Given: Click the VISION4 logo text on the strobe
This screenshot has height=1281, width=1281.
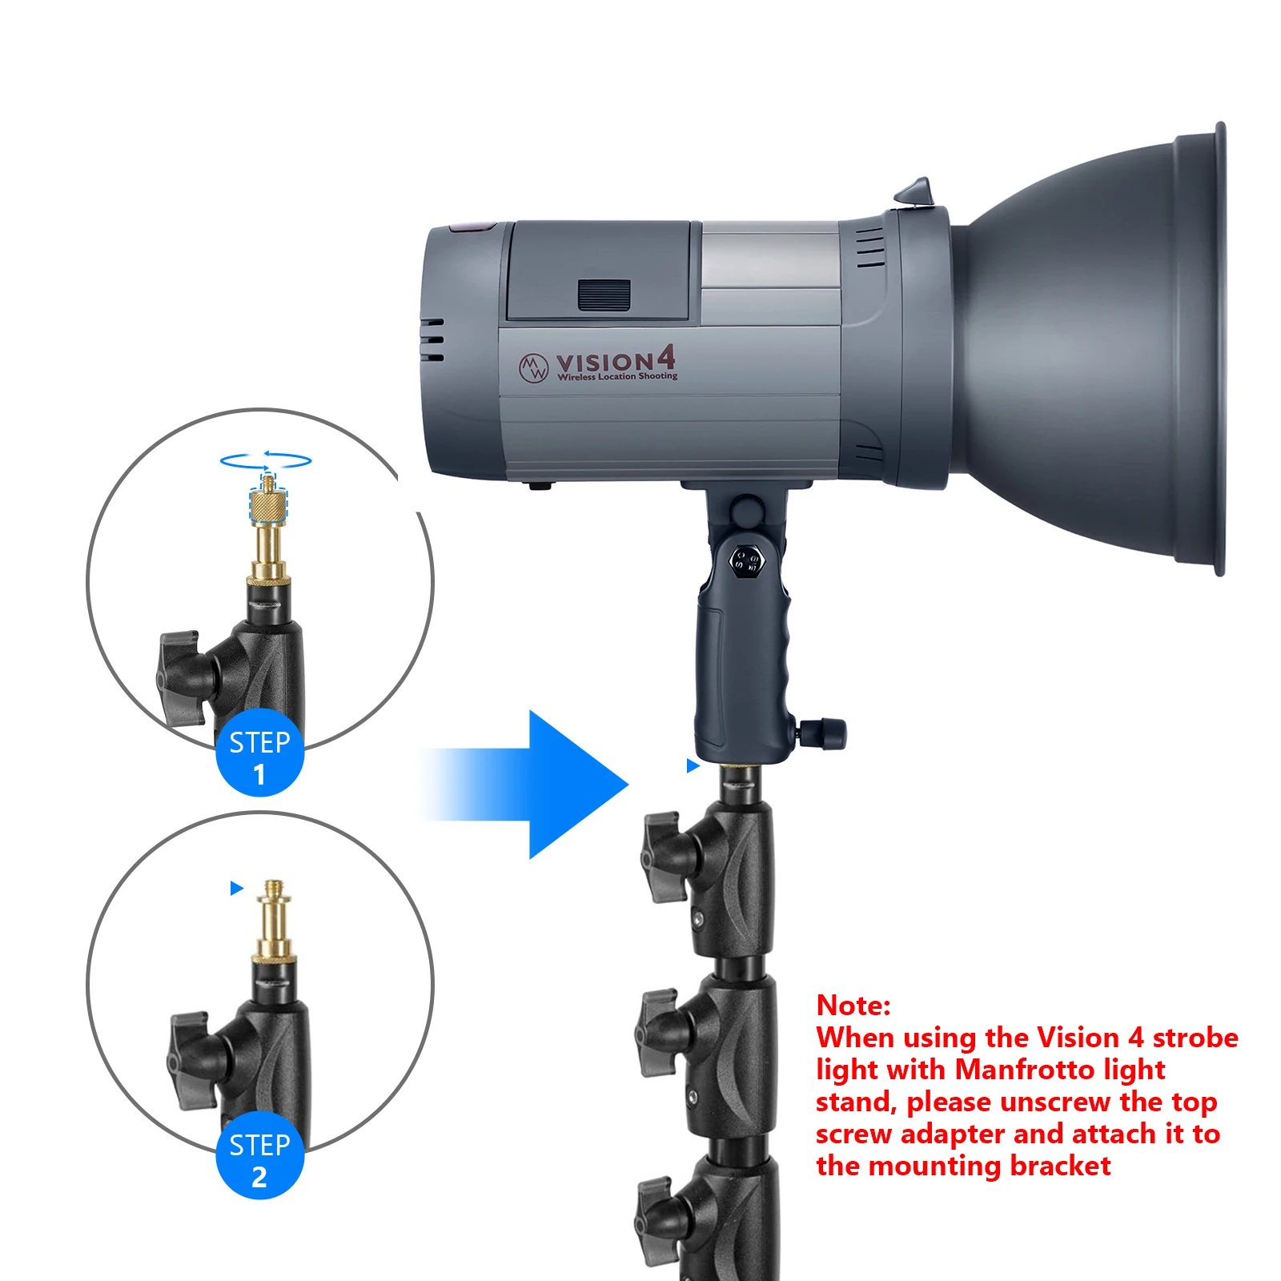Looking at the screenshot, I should coord(615,362).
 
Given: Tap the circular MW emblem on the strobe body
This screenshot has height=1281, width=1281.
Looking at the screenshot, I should coord(533,368).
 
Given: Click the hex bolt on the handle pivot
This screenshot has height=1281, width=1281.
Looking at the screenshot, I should coord(748,560).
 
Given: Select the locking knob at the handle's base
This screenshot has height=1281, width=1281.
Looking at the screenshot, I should coord(825,733).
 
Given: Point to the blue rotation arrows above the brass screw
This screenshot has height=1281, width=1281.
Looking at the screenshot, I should coord(266,460).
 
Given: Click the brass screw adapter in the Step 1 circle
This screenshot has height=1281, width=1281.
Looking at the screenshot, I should coord(268,528).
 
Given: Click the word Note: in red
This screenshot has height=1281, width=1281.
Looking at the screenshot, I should coord(853,1005).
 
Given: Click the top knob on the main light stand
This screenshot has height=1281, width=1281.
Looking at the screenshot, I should coord(663,857).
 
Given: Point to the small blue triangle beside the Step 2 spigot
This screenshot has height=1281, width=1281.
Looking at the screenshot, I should coord(236,888).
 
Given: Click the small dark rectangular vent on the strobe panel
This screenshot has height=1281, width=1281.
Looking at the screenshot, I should coord(604,295).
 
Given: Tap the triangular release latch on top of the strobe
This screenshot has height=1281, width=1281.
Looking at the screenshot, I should coord(914,192).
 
